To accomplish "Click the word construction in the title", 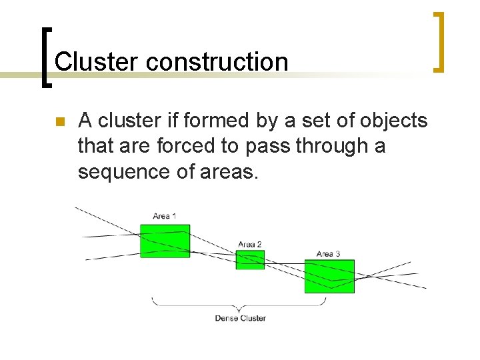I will [x=217, y=62].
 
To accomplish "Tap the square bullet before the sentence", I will [x=59, y=122].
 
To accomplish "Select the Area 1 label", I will [x=165, y=216].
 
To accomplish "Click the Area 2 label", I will [x=250, y=245].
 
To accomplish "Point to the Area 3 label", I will [x=328, y=254].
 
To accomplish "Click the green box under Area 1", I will [x=165, y=241].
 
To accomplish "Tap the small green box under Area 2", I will [x=250, y=260].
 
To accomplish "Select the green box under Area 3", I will [x=329, y=276].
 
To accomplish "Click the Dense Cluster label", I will [x=240, y=318].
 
